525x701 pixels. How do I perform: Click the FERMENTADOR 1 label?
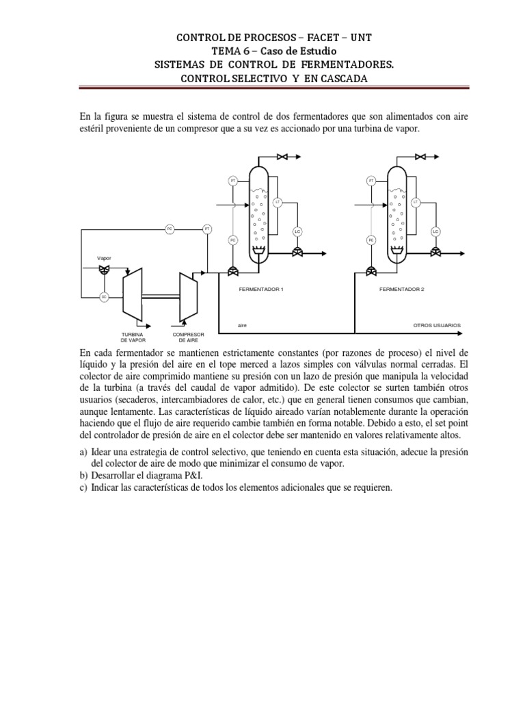pos(260,289)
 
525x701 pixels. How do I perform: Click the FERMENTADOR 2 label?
pos(402,289)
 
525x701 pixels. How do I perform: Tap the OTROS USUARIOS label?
pos(437,324)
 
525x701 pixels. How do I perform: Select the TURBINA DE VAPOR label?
pos(133,337)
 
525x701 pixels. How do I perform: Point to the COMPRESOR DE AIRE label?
pos(184,337)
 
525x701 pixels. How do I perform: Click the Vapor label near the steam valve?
pos(104,259)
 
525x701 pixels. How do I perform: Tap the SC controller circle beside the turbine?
pos(104,296)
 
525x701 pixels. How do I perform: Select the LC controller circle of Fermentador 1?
pos(297,231)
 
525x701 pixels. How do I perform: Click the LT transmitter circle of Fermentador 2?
pos(416,202)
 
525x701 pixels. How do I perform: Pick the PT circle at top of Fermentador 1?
pos(233,181)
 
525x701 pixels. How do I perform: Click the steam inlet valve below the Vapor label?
pos(104,270)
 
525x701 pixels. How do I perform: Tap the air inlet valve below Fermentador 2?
pos(371,270)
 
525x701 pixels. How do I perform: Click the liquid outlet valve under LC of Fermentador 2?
pos(435,252)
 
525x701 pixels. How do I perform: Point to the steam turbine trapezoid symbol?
pos(132,295)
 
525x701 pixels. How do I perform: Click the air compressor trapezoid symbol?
pos(187,295)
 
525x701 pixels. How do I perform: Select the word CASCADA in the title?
pos(338,79)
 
